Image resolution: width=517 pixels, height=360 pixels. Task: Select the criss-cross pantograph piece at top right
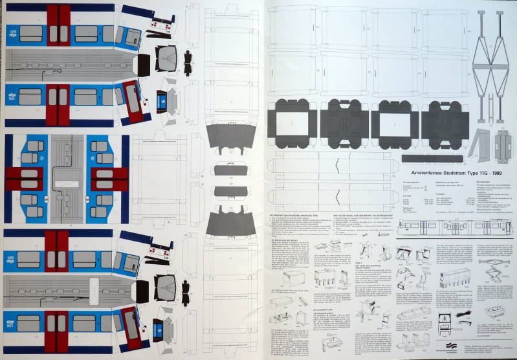tap(490, 58)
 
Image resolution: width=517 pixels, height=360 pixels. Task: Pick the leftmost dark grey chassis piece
tap(291, 122)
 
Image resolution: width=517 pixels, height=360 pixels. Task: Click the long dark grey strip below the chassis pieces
tap(432, 158)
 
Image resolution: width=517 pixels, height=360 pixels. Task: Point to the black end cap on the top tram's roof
tap(143, 63)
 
